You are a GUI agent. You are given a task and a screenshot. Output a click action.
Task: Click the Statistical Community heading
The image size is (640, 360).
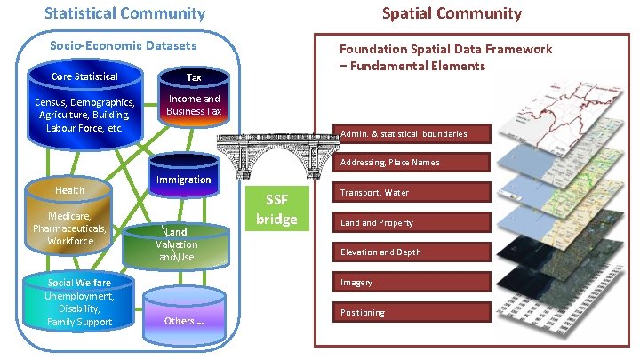[x=124, y=13]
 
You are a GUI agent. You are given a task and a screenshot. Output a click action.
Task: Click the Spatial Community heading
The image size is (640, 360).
[x=452, y=13]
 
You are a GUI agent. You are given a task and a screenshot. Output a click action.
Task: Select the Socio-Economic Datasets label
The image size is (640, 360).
[x=124, y=45]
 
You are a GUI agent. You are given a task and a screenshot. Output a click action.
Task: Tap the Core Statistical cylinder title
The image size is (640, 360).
[x=84, y=76]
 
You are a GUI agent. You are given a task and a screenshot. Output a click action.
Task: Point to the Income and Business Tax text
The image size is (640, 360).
[x=194, y=105]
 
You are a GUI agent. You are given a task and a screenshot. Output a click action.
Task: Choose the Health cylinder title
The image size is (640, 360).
[x=70, y=191]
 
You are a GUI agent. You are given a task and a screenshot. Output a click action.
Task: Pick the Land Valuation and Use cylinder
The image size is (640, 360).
[x=176, y=244]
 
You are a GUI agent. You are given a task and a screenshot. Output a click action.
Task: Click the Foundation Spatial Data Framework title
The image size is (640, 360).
[x=444, y=57]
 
